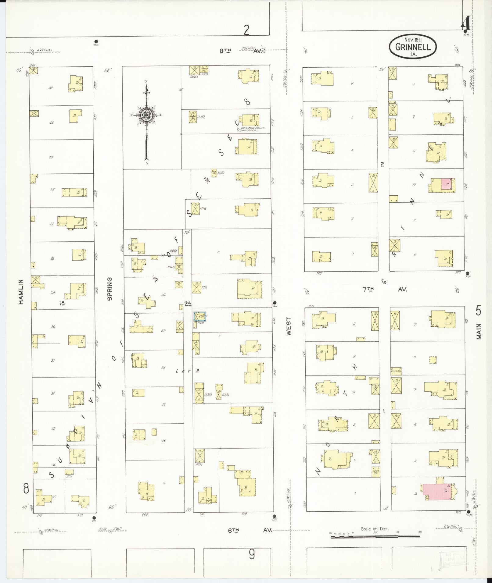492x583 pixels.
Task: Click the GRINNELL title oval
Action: pyautogui.click(x=413, y=47)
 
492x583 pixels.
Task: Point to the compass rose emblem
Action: pyautogui.click(x=146, y=115)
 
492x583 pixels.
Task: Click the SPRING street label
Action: pyautogui.click(x=110, y=289)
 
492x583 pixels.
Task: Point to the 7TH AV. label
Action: pyautogui.click(x=385, y=289)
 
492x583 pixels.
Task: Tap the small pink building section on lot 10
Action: pyautogui.click(x=447, y=185)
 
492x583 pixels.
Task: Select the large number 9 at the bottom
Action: pyautogui.click(x=252, y=554)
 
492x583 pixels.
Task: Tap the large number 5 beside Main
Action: pyautogui.click(x=478, y=311)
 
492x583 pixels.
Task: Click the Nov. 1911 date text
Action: pyautogui.click(x=413, y=40)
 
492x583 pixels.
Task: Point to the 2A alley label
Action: pyautogui.click(x=188, y=303)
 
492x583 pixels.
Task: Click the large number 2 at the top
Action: pyautogui.click(x=246, y=30)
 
